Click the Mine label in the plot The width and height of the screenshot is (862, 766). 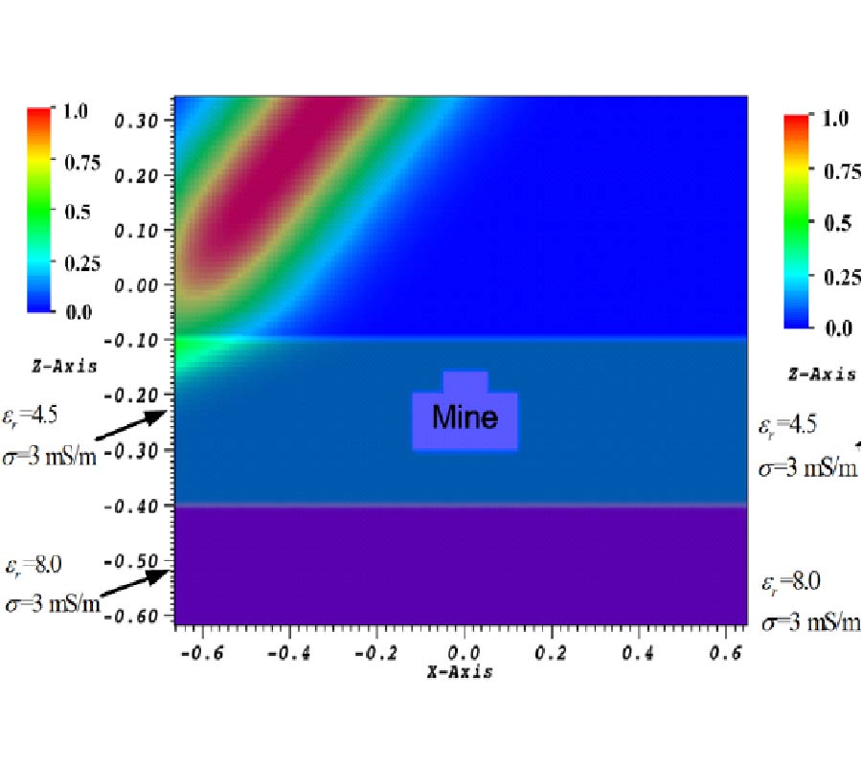465,417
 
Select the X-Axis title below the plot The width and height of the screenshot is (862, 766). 460,672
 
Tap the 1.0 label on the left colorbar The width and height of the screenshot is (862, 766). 76,111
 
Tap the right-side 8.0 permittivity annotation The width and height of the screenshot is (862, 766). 794,583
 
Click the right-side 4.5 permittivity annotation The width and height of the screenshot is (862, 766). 792,426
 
